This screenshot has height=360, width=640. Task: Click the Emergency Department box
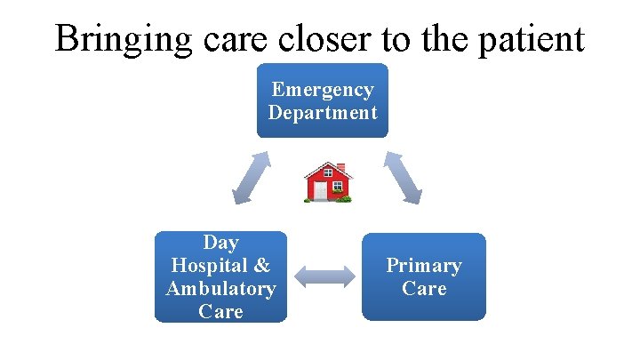(323, 100)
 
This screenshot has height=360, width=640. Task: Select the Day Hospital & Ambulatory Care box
(220, 276)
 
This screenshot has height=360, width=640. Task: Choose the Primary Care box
(424, 276)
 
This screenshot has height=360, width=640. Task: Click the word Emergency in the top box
(323, 90)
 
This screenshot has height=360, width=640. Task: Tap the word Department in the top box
(323, 113)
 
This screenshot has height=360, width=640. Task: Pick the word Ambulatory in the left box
(220, 288)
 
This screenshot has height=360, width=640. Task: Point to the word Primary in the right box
(424, 265)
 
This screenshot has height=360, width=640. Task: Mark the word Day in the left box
(220, 242)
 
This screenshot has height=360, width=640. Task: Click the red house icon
(328, 182)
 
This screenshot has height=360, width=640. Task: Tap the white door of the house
(320, 191)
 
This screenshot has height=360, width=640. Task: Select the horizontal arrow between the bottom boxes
(324, 276)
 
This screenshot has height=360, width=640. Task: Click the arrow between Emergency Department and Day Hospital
(251, 177)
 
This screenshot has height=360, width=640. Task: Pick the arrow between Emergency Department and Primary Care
(403, 177)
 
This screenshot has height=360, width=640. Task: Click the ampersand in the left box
(261, 265)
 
